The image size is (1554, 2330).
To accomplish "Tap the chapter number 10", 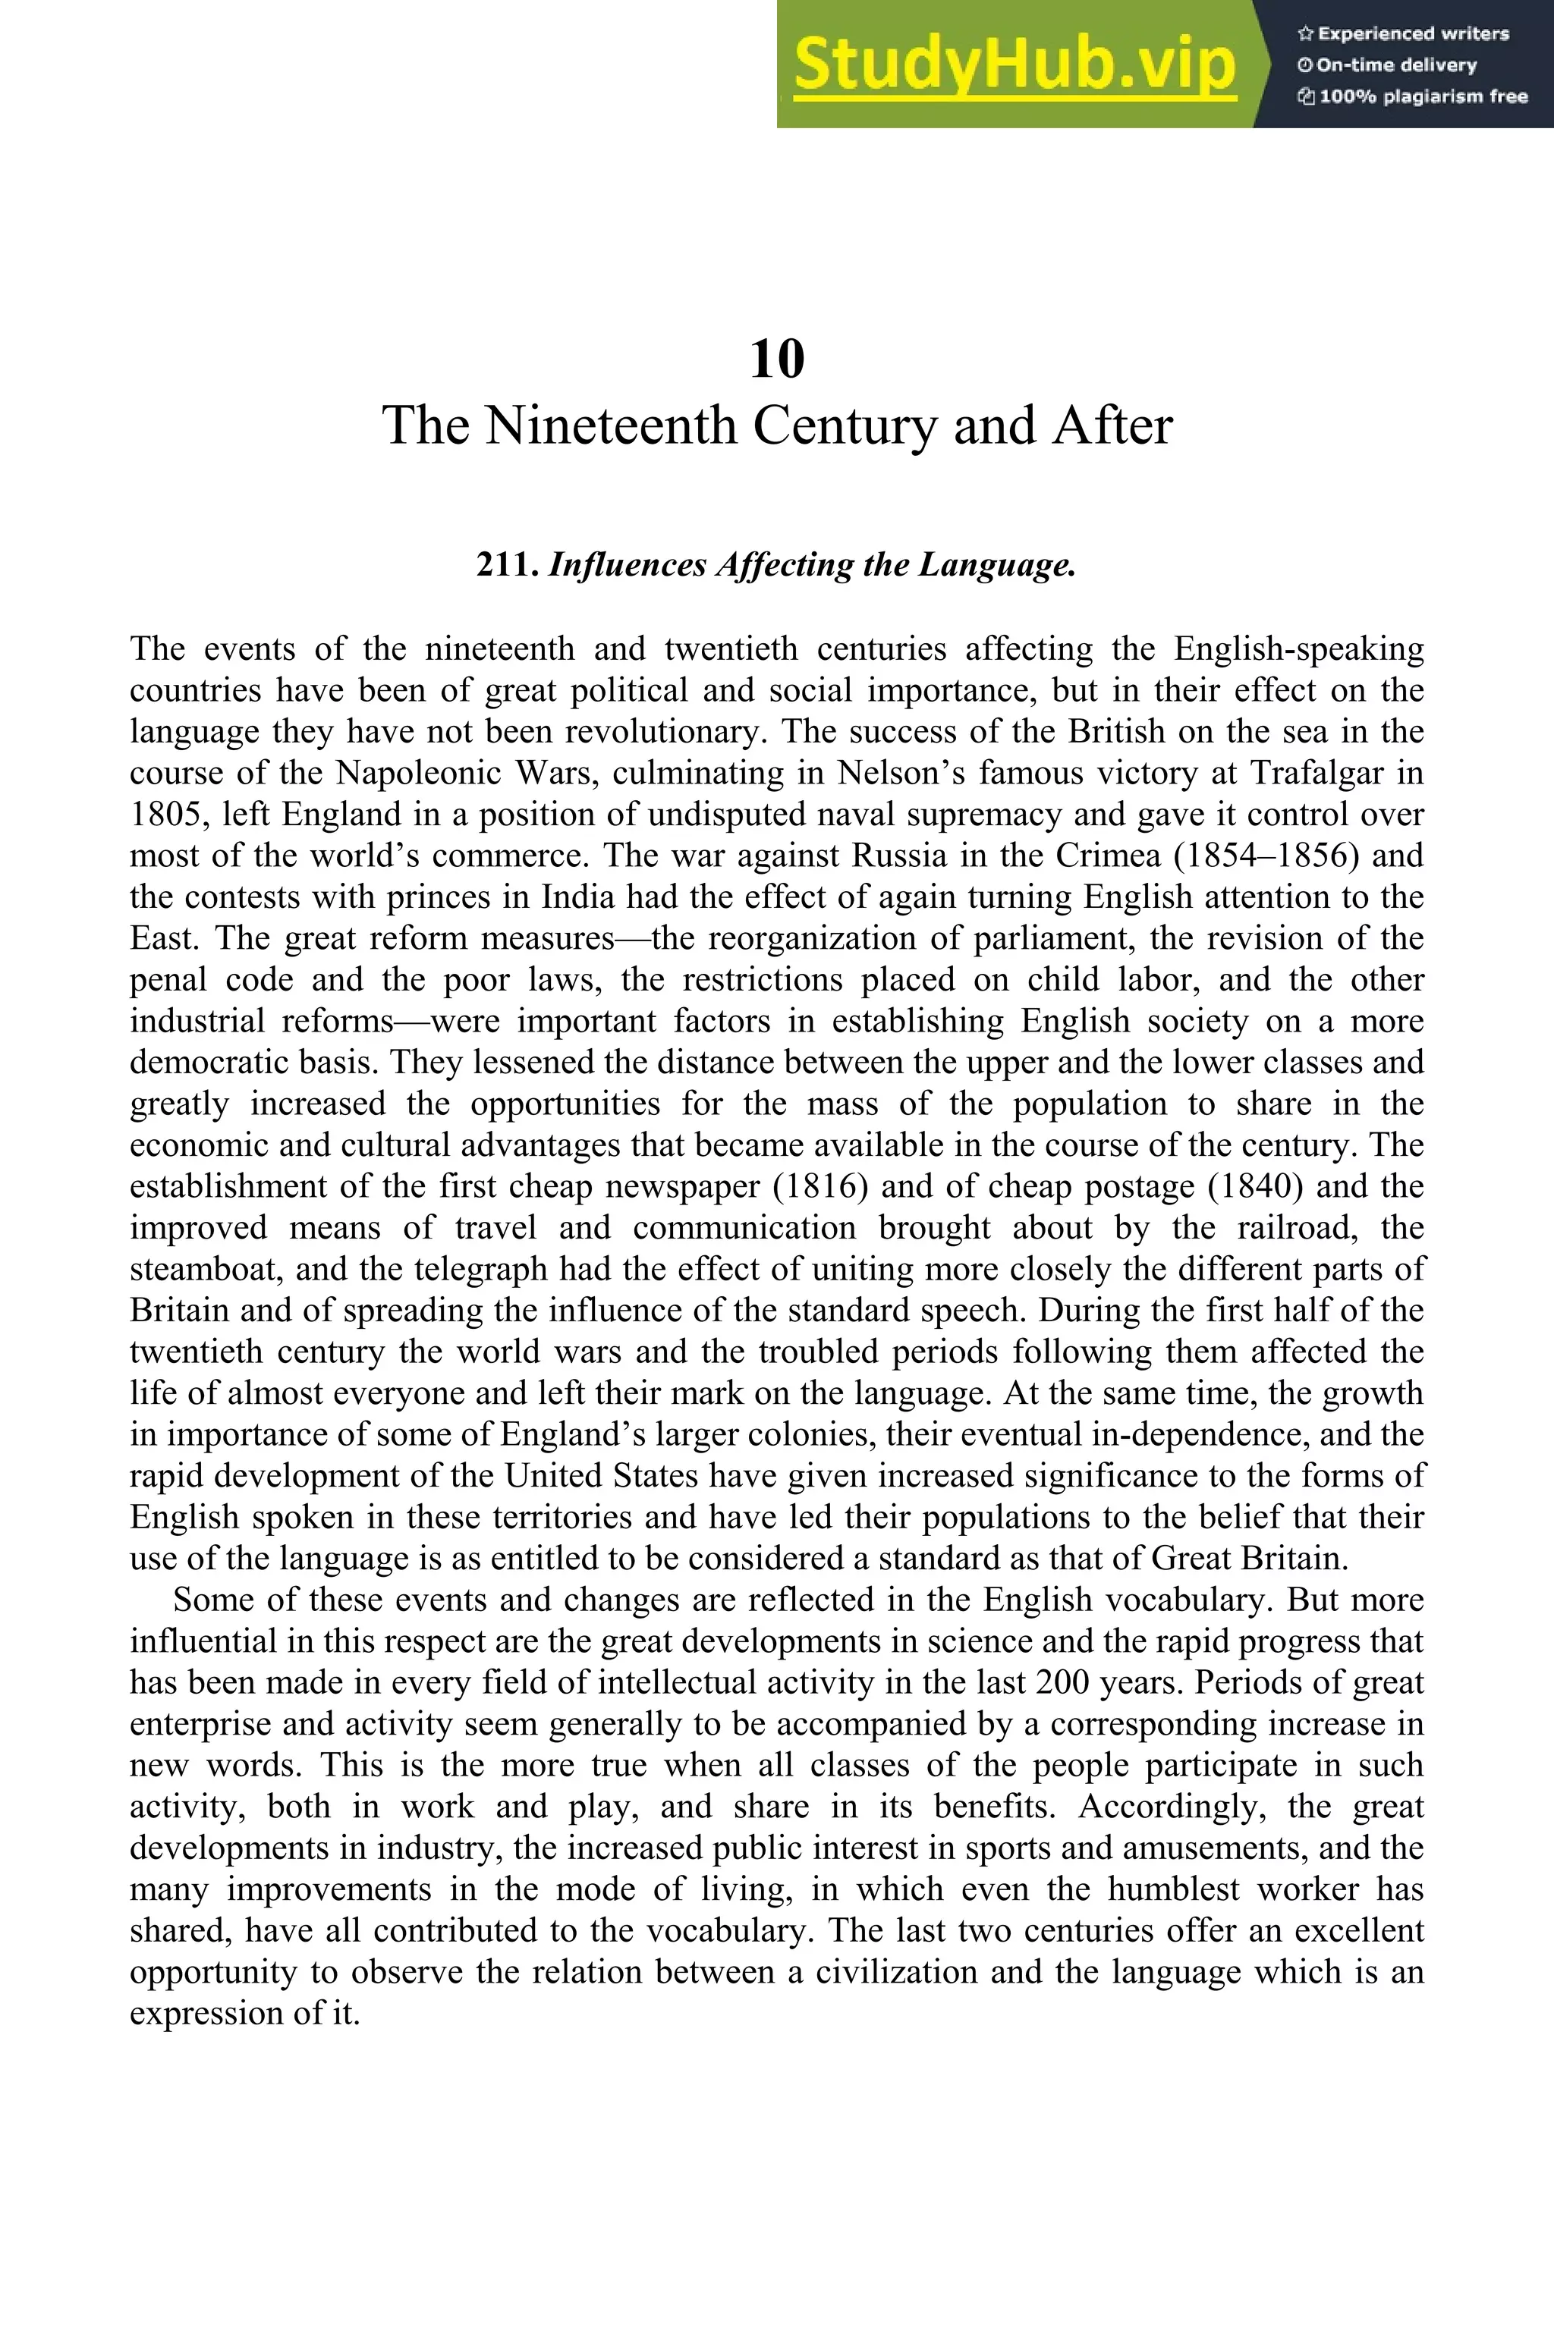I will click(777, 359).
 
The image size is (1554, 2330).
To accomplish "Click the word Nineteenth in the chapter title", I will click(612, 426).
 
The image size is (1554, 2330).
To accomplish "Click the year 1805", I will click(165, 815).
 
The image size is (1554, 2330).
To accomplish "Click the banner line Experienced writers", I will click(1411, 33).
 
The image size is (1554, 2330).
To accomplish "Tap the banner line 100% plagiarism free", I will click(1422, 97).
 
